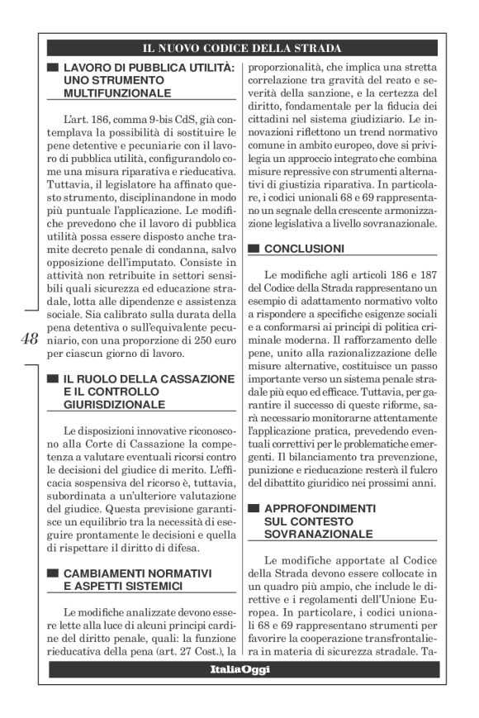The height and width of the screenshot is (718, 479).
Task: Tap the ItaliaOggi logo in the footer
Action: click(x=239, y=669)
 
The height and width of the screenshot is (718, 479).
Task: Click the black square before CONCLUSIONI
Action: click(x=254, y=248)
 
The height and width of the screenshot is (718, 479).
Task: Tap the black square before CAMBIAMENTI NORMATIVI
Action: click(x=53, y=573)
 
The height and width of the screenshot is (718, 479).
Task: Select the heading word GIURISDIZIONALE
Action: click(x=115, y=404)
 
